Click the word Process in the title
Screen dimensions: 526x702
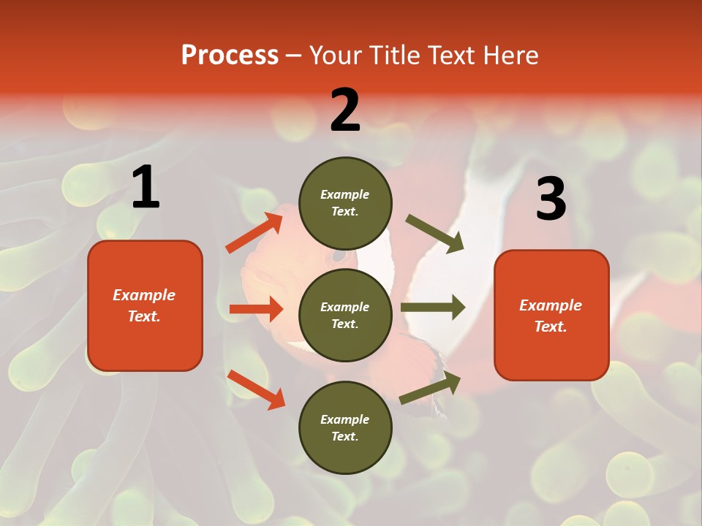tap(230, 56)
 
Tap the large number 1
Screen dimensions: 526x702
tap(146, 188)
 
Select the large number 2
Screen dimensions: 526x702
tap(345, 110)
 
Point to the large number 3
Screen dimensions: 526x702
tap(551, 199)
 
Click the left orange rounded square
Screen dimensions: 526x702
tap(145, 305)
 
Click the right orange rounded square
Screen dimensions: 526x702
tap(551, 315)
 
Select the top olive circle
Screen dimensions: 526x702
tap(345, 203)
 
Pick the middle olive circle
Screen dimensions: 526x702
tap(345, 315)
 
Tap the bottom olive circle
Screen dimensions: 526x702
tap(345, 427)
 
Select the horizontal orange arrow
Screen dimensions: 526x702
tap(256, 309)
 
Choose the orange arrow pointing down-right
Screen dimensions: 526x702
tap(256, 389)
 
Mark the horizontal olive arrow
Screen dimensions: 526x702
tap(433, 307)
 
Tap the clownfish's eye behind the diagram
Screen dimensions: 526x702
tap(339, 256)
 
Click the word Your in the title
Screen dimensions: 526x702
tap(335, 56)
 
